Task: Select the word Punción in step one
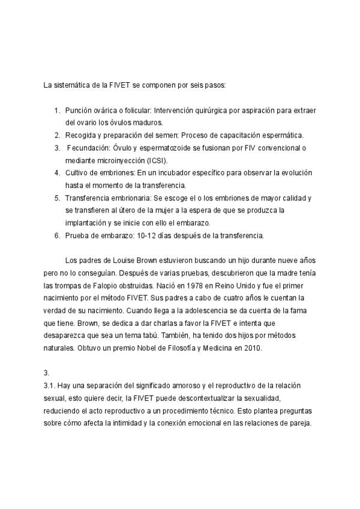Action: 80,111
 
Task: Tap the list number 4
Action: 57,173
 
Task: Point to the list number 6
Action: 57,235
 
